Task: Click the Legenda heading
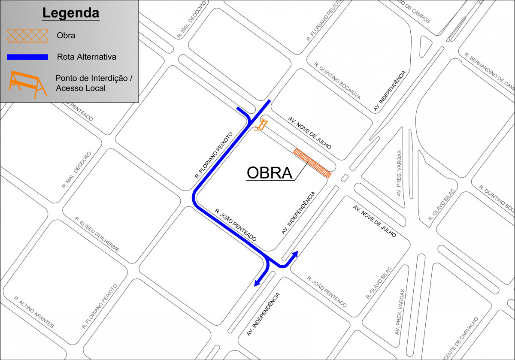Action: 70,13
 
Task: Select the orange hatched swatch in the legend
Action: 27,36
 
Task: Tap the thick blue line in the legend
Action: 27,57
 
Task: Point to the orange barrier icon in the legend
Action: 27,84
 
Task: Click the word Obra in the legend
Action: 66,36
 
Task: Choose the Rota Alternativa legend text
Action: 86,57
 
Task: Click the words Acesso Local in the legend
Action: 81,88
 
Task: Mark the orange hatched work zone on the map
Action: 312,163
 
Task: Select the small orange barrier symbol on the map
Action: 261,126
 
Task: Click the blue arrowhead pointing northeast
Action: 295,254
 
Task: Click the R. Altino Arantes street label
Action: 34,312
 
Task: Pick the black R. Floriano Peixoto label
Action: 213,155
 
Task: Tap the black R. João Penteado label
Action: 236,225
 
